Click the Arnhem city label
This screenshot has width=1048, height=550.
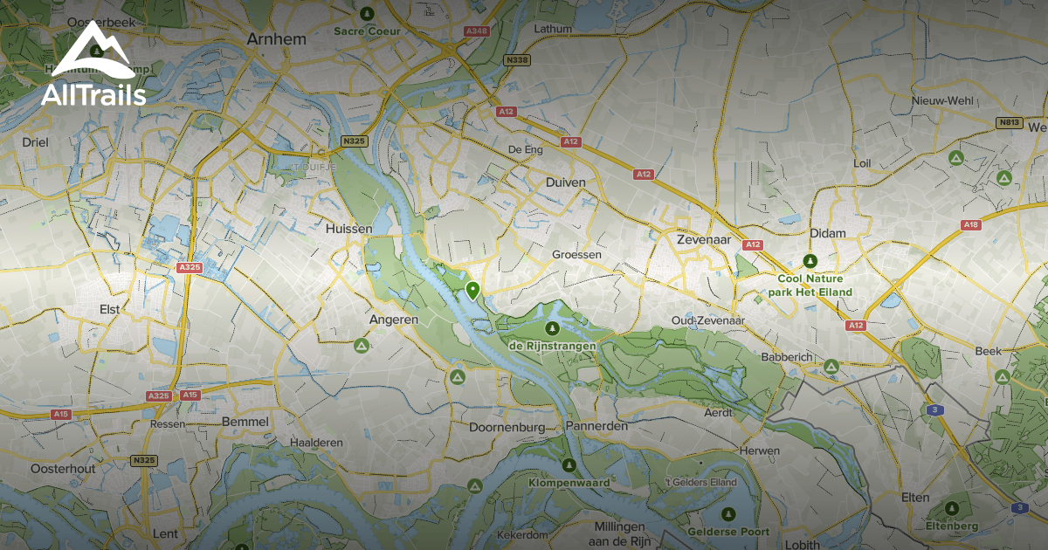[x=276, y=38]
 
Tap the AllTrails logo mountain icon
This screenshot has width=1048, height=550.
[x=93, y=52]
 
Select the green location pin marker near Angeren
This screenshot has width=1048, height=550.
[x=472, y=291]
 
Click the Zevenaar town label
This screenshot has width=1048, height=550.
[x=703, y=237]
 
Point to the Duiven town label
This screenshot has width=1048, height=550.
[x=565, y=182]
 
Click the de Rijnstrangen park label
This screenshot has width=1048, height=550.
[x=552, y=346]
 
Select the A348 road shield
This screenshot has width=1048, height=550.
[x=476, y=31]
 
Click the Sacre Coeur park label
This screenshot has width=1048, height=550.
[x=367, y=31]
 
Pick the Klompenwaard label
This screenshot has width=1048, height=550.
[x=569, y=482]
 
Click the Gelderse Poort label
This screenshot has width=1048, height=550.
[x=728, y=532]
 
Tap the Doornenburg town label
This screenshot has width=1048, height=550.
[x=507, y=428]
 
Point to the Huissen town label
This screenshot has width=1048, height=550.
[x=348, y=229]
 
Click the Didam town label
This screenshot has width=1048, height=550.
[x=828, y=235]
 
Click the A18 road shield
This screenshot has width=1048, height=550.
[x=971, y=224]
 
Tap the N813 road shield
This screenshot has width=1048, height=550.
[x=1010, y=123]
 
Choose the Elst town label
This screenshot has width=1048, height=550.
[x=110, y=309]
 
